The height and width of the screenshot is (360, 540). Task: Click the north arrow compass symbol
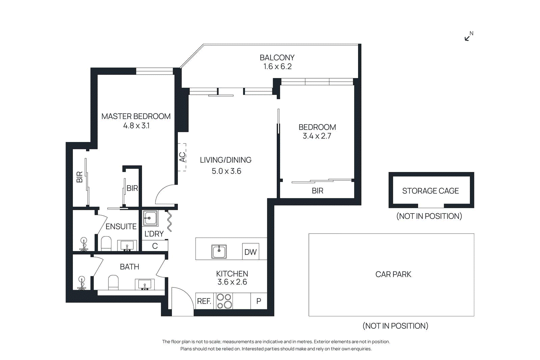468,36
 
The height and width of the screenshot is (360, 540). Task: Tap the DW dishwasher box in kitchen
250,252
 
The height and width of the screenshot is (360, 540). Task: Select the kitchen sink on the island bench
219,251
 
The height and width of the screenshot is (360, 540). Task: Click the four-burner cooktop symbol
224,301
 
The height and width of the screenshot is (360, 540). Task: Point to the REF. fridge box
204,301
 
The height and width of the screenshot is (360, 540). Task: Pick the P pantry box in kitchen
259,301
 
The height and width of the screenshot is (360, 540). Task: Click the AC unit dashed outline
182,157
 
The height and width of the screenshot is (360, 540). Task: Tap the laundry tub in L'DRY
150,218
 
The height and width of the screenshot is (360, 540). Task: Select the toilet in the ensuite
106,243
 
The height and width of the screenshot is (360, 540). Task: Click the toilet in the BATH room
113,282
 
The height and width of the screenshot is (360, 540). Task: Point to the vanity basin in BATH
144,284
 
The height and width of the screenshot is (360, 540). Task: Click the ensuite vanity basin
127,245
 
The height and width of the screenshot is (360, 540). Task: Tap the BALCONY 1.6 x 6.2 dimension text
277,66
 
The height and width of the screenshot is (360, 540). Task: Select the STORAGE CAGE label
430,191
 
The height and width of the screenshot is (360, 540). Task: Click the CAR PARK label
393,274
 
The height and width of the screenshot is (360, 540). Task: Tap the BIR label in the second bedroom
317,191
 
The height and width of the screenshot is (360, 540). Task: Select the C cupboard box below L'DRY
155,246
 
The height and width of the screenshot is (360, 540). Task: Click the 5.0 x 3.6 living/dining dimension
226,171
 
